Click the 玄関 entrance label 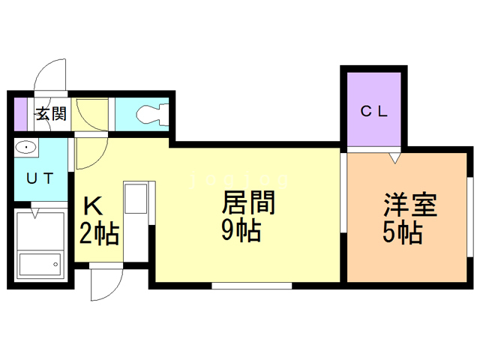(x=50, y=114)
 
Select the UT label (x=40, y=178)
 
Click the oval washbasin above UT (x=25, y=147)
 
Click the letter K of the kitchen (x=91, y=205)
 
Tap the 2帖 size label (x=99, y=235)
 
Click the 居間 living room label (x=248, y=203)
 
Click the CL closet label (x=373, y=112)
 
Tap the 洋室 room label (x=410, y=205)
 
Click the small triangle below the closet (x=394, y=158)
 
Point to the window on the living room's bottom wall (x=251, y=285)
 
